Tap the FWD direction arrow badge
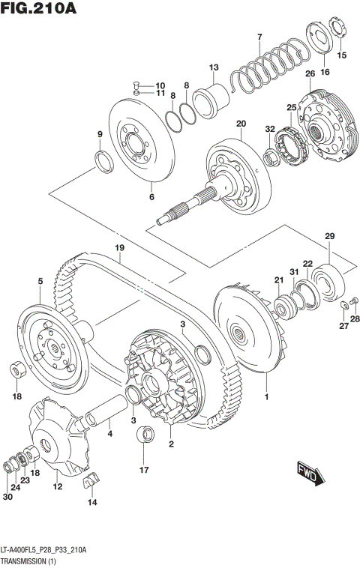click(x=309, y=472)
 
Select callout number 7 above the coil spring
click(x=259, y=37)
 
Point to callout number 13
click(x=213, y=67)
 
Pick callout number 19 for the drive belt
click(x=118, y=248)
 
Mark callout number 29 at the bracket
click(x=328, y=237)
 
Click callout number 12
click(x=57, y=487)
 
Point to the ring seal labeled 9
click(x=103, y=160)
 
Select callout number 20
click(x=241, y=124)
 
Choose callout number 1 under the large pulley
click(x=265, y=391)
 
